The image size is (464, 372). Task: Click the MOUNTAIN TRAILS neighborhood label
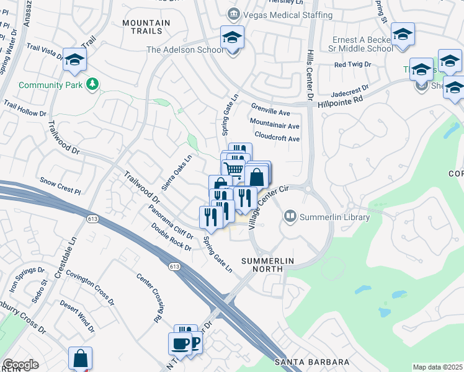coord(146,27)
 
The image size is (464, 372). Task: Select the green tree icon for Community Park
coord(92,82)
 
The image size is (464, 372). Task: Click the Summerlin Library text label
coord(334,217)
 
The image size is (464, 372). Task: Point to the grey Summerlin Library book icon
coord(290,216)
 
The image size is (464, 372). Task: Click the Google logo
coord(20,365)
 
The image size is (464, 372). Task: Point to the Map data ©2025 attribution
coord(437,367)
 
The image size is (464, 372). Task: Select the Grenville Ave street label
coord(270,113)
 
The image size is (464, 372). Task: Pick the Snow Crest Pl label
coord(60,185)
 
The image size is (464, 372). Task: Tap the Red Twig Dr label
coord(352,64)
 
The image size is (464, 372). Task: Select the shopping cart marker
coord(234,167)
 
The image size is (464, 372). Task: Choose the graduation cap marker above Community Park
coord(74,60)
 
